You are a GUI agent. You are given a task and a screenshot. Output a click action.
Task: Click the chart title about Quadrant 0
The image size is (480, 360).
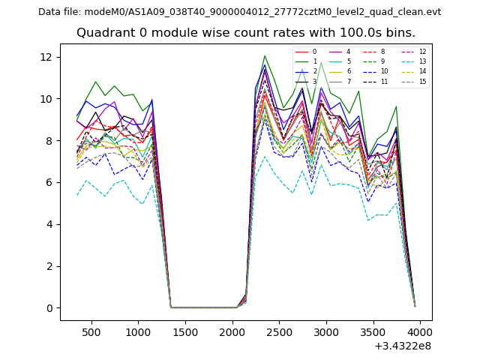[x=245, y=33]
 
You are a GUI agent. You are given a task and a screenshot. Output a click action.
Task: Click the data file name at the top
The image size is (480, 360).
[x=239, y=12]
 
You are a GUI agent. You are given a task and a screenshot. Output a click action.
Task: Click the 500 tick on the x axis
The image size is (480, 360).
[x=91, y=331]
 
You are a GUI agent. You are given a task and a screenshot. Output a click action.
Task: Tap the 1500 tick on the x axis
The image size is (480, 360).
[x=185, y=331]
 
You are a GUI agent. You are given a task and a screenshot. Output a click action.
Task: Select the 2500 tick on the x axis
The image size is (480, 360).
[x=279, y=331]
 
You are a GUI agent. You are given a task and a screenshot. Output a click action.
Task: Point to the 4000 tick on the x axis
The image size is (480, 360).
[x=420, y=331]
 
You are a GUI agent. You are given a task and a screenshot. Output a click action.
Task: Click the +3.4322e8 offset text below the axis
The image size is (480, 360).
[x=403, y=346]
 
